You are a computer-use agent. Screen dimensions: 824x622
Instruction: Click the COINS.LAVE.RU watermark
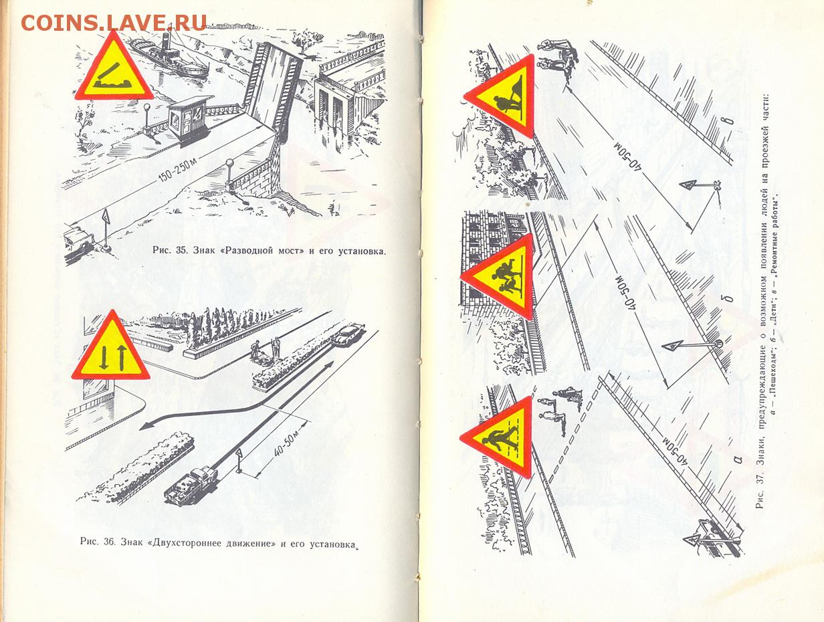point(114,23)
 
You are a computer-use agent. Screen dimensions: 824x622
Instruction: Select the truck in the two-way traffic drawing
point(191,485)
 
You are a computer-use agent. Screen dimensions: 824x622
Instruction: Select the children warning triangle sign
point(498,277)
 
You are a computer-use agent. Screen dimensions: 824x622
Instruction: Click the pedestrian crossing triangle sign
point(497,437)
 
